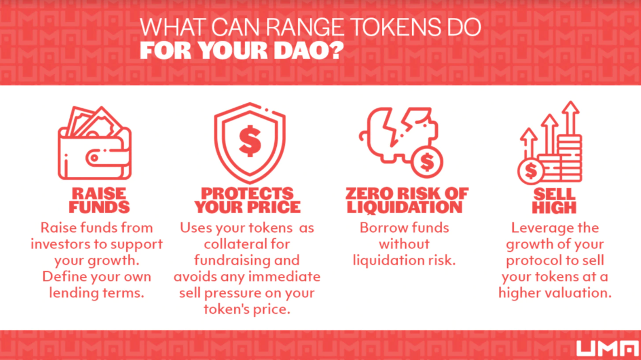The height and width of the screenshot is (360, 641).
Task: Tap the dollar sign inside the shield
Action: pos(250,141)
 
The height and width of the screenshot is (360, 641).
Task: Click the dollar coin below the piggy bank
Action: pos(427,162)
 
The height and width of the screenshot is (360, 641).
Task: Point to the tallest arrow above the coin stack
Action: pos(570,118)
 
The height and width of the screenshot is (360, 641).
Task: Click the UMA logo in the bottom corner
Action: pos(607,348)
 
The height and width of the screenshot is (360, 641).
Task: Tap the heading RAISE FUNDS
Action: pos(99,200)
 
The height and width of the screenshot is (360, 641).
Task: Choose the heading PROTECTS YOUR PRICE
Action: pos(247,200)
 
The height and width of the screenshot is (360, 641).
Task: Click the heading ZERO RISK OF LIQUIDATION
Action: pos(406,200)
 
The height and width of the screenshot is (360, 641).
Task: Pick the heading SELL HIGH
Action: pos(554,200)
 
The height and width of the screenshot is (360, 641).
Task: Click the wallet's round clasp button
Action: pos(94,158)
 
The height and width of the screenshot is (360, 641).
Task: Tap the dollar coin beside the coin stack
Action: pos(530,171)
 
